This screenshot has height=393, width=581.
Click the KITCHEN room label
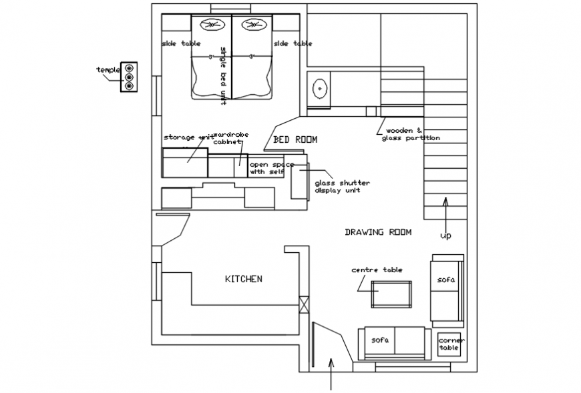pyautogui.click(x=243, y=279)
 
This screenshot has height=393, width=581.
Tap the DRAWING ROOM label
pyautogui.click(x=378, y=232)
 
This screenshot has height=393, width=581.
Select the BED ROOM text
pyautogui.click(x=295, y=139)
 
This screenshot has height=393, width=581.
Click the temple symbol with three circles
pyautogui.click(x=129, y=77)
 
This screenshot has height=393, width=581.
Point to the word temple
pyautogui.click(x=108, y=70)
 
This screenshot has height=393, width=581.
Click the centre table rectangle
pyautogui.click(x=391, y=294)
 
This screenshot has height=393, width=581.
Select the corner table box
pyautogui.click(x=451, y=344)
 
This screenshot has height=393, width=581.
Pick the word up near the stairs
pyautogui.click(x=445, y=236)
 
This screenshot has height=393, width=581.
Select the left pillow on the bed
pyautogui.click(x=212, y=25)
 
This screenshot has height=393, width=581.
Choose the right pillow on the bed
pyautogui.click(x=252, y=25)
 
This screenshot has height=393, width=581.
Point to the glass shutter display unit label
pyautogui.click(x=342, y=186)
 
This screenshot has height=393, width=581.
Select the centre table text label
pyautogui.click(x=377, y=270)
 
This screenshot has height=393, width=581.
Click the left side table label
pyautogui.click(x=181, y=43)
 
